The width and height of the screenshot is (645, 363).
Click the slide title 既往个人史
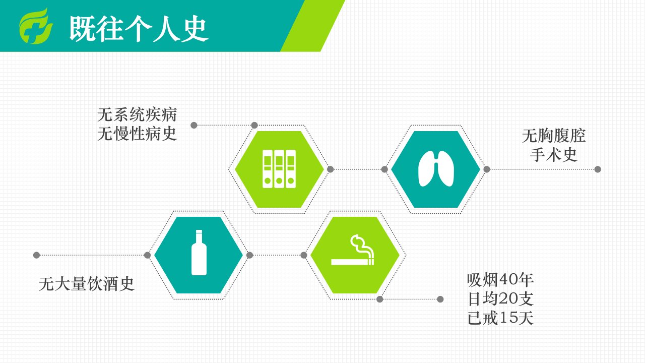coord(139,28)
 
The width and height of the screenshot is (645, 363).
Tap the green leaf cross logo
coord(36,26)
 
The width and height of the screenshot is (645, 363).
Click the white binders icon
coord(279,169)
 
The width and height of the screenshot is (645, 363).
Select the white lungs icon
coord(436,168)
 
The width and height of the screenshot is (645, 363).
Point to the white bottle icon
coord(199,253)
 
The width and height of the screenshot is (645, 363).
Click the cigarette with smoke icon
coord(353,250)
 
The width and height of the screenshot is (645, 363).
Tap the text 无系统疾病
coord(137,114)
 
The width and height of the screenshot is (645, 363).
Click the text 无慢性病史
coord(137,134)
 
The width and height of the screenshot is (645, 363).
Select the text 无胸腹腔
coord(554,136)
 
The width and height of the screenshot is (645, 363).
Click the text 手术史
coord(554,155)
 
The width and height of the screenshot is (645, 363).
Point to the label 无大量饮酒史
coord(87,284)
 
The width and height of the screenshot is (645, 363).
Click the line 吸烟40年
coord(500,280)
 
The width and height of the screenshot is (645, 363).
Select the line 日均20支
coord(500,299)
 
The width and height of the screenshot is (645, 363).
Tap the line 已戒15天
coord(500,318)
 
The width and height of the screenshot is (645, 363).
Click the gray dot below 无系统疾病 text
coord(194,125)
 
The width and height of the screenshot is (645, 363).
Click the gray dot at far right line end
coord(598,169)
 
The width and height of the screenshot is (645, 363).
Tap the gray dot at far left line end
coord(36,255)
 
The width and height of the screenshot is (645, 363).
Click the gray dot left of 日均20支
coord(440,299)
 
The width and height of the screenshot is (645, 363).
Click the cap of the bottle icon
coord(199,231)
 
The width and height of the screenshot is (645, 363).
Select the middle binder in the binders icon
coord(279,169)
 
